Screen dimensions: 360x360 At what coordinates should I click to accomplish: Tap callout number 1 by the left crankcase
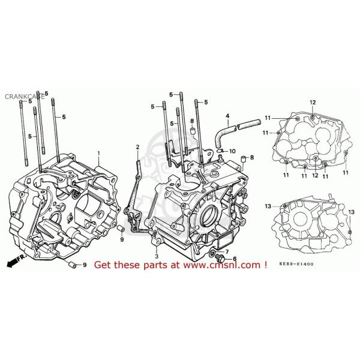pyautogui.click(x=100, y=154)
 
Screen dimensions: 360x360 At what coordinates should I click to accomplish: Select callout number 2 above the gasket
pyautogui.click(x=137, y=148)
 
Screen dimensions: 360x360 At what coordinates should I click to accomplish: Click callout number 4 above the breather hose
pyautogui.click(x=227, y=116)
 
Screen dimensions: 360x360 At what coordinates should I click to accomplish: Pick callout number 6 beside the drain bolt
pyautogui.click(x=235, y=259)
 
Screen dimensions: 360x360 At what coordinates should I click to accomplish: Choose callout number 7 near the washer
pyautogui.click(x=227, y=251)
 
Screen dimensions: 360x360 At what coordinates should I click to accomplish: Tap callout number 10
pyautogui.click(x=232, y=151)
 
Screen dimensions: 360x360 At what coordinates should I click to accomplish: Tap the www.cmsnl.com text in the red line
pyautogui.click(x=223, y=265)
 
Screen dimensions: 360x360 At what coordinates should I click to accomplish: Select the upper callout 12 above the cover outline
pyautogui.click(x=312, y=103)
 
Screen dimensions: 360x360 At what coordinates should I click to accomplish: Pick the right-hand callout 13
pyautogui.click(x=351, y=212)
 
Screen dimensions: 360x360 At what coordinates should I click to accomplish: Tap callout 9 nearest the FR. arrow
pyautogui.click(x=83, y=265)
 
